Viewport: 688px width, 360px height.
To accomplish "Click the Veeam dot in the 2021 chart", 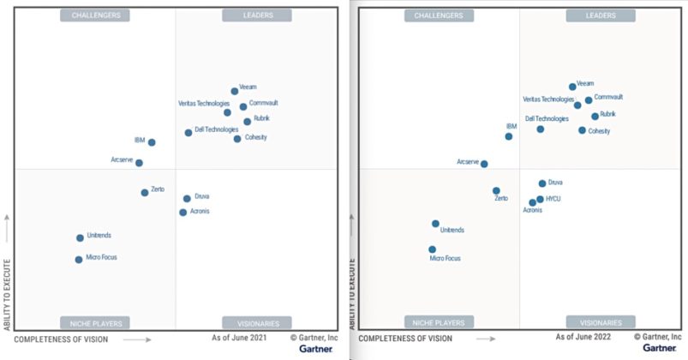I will coord(235,91).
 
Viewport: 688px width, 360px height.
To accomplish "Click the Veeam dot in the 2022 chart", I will coord(572,87).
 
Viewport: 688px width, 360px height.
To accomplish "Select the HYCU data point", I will coord(540,199).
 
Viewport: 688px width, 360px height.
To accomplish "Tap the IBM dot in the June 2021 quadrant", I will coord(152,142).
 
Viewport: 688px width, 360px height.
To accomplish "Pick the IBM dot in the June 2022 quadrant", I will coord(509,136).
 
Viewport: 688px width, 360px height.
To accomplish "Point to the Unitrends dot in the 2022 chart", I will coord(435,224).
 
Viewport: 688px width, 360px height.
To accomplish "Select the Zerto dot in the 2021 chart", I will coord(145,193).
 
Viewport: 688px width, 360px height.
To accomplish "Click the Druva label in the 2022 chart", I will coord(555,183).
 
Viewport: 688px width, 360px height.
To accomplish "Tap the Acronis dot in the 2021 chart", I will coord(183,213).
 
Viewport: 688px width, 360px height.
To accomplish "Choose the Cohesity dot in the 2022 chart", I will coord(582,130).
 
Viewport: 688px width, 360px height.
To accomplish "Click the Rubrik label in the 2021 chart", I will coord(262,119).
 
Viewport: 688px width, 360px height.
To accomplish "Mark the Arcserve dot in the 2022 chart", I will coord(484,164).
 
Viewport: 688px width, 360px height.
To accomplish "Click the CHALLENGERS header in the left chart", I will coord(95,15).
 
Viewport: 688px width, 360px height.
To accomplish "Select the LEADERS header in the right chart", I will coord(601,15).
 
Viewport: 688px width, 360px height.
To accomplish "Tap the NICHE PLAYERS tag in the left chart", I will coord(95,323).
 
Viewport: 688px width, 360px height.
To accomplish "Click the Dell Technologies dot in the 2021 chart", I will coord(188,133).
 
